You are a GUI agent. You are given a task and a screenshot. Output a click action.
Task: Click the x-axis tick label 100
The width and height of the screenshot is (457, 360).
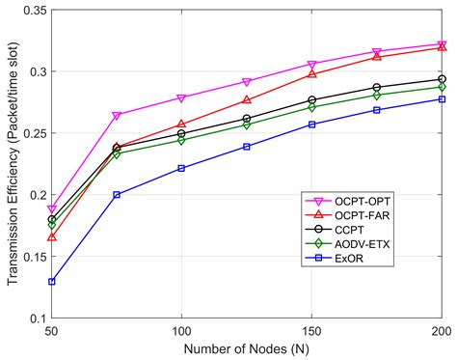coord(181,330)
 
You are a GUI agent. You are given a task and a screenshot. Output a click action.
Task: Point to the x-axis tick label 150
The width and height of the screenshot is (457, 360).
coord(311,330)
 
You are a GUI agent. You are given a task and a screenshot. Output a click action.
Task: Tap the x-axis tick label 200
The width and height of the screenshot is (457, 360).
coord(440,330)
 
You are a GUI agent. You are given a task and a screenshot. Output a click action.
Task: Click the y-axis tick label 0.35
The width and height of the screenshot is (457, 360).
coord(32,11)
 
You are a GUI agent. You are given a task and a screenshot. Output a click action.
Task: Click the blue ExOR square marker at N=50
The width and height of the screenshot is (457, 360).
coord(51,282)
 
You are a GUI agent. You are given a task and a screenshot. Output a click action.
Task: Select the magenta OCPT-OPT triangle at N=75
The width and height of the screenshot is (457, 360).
coord(117,116)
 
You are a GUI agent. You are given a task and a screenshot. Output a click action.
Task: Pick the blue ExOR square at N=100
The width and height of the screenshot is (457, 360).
coord(181,168)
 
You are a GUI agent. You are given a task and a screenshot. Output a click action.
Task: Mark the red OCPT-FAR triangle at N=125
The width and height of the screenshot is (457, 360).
coord(247,99)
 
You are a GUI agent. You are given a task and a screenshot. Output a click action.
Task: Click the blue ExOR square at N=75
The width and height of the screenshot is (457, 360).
coord(117,194)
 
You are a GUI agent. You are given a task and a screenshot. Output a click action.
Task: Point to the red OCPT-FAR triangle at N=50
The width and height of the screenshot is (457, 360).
coord(51,236)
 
